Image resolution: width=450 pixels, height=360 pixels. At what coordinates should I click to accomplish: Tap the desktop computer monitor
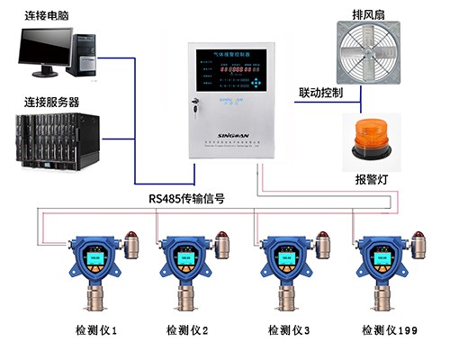point(46,50)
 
